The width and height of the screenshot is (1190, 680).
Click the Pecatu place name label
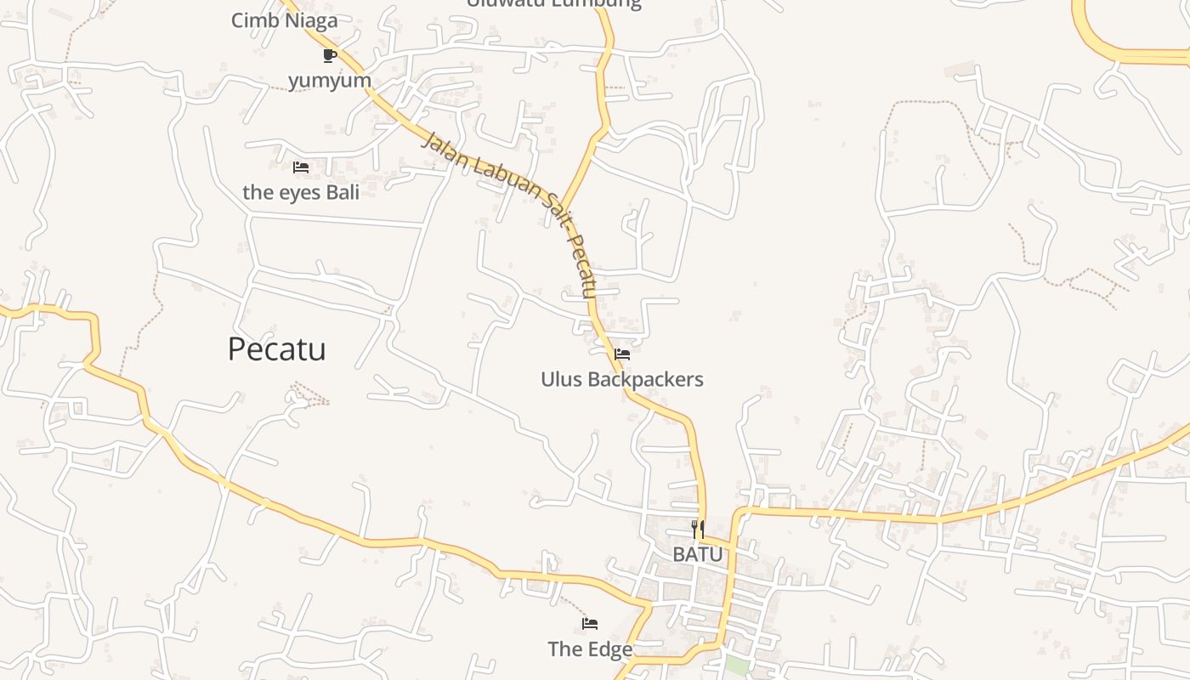pyautogui.click(x=276, y=349)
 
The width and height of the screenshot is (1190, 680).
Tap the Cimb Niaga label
pyautogui.click(x=284, y=20)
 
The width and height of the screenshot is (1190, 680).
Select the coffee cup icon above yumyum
pyautogui.click(x=330, y=56)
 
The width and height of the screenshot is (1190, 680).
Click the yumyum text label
pyautogui.click(x=330, y=81)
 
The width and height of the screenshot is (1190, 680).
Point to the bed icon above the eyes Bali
pyautogui.click(x=300, y=167)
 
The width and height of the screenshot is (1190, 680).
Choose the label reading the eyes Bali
pyautogui.click(x=301, y=192)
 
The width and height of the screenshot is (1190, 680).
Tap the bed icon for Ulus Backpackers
pyautogui.click(x=622, y=354)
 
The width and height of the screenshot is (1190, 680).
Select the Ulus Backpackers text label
pyautogui.click(x=622, y=379)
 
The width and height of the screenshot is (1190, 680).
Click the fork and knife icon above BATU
pyautogui.click(x=697, y=530)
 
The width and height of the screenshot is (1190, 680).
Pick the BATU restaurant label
pyautogui.click(x=697, y=554)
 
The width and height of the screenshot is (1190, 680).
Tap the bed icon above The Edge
pyautogui.click(x=590, y=624)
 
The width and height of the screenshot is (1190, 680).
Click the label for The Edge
pyautogui.click(x=590, y=649)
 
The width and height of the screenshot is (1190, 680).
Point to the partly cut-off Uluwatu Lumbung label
pyautogui.click(x=553, y=3)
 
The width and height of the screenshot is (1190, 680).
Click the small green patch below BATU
pyautogui.click(x=736, y=665)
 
